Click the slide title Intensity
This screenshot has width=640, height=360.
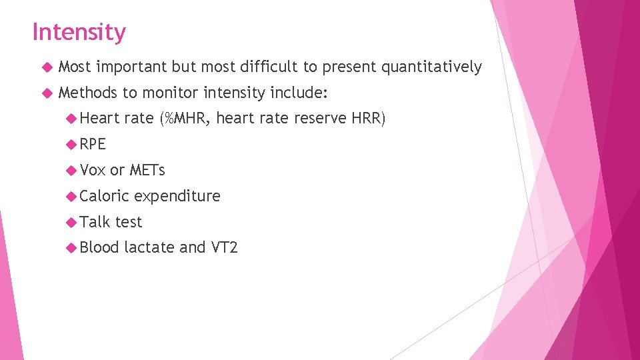[79, 32]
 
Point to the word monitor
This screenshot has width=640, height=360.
[170, 93]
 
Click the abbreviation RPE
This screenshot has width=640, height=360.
[93, 145]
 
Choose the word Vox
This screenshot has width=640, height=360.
[93, 170]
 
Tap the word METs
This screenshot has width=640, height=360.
[147, 170]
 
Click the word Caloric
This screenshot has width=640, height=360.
[104, 196]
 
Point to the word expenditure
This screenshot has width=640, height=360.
[177, 196]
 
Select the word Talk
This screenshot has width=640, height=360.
[94, 222]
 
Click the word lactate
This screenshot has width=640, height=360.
[149, 248]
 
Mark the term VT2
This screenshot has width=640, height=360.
[224, 248]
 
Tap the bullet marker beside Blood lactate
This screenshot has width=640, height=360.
[71, 248]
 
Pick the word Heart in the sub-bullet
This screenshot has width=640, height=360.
[100, 119]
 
